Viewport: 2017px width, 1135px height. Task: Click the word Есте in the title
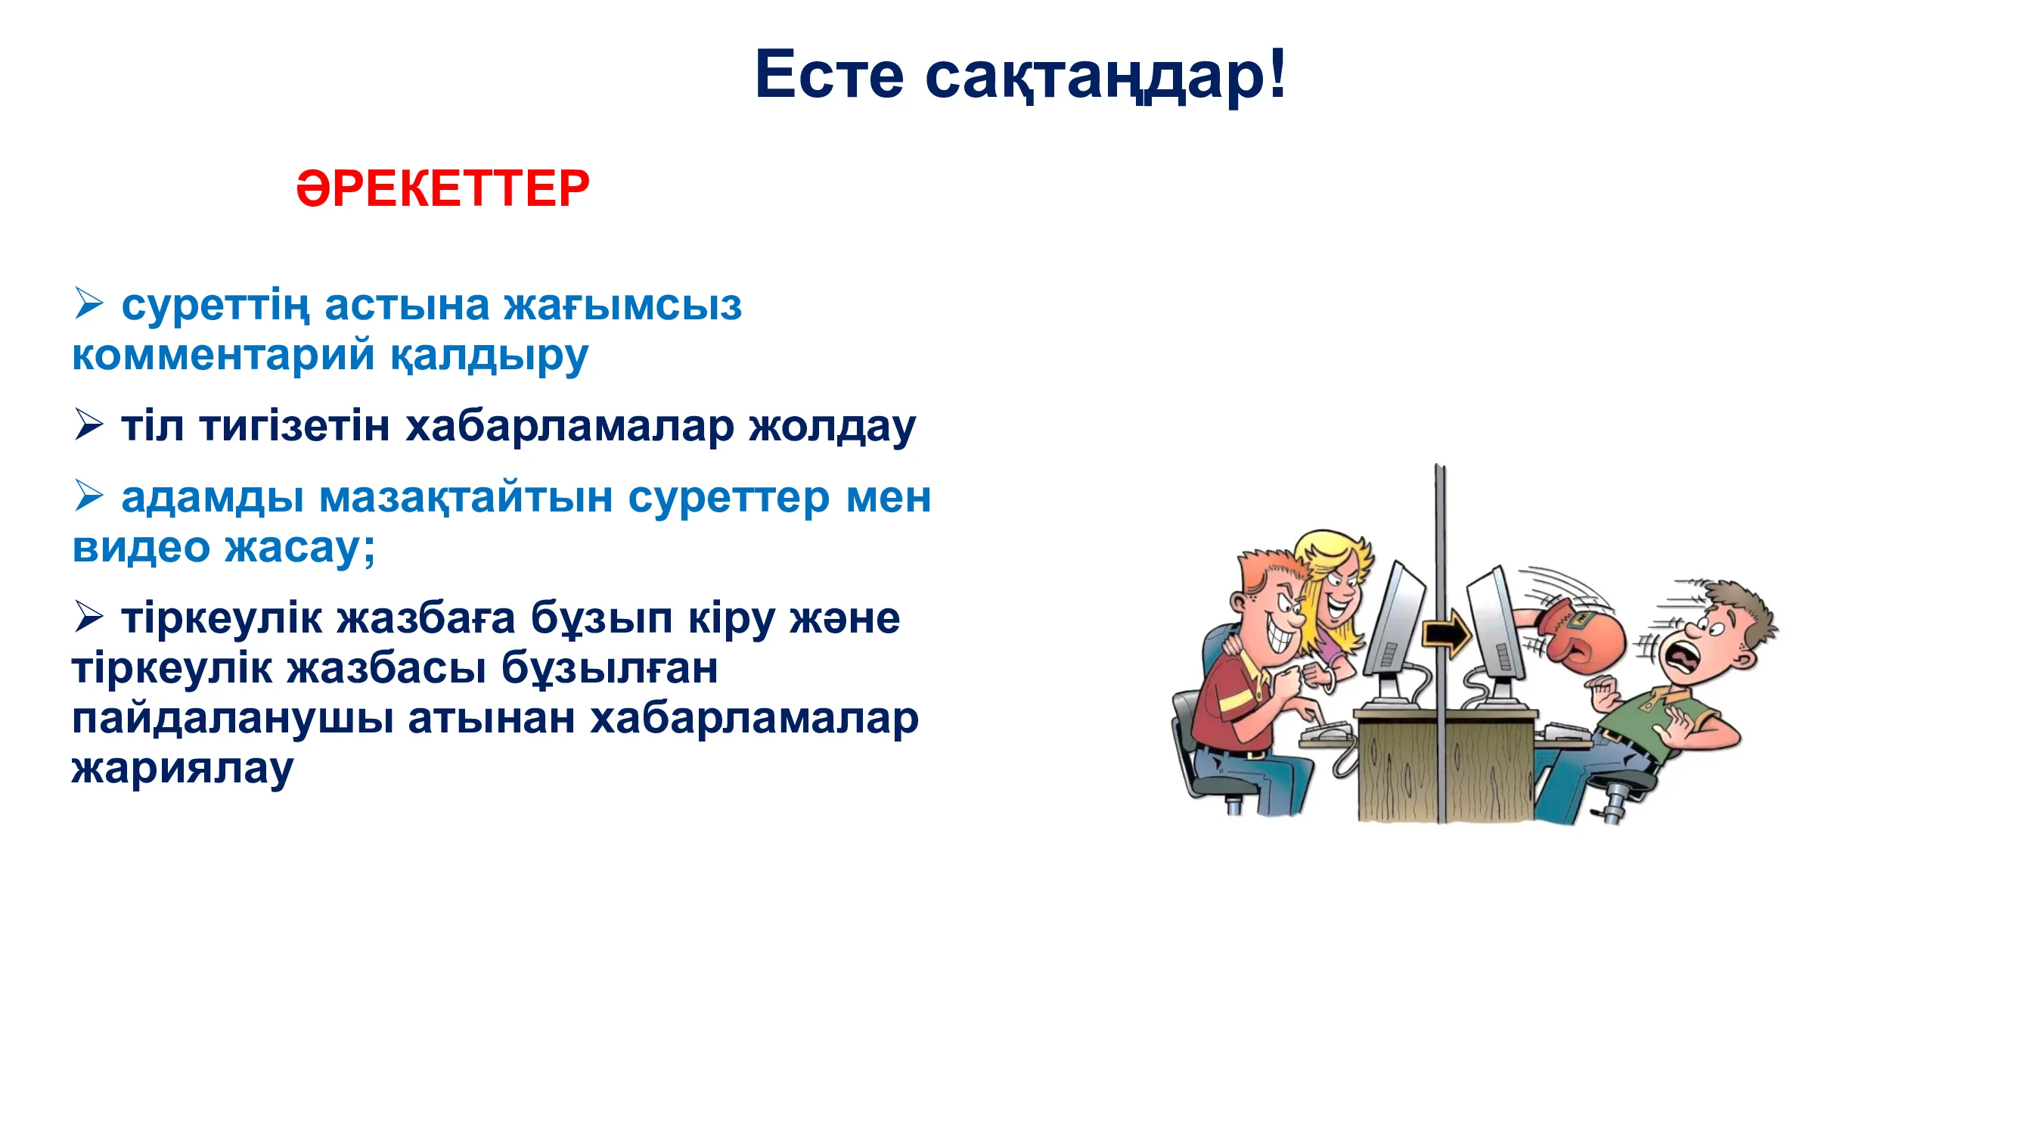(x=829, y=74)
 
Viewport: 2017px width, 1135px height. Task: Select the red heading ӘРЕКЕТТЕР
(x=442, y=188)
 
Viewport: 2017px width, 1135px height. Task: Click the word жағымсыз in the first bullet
(x=622, y=306)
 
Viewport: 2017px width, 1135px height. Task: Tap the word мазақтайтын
(x=465, y=497)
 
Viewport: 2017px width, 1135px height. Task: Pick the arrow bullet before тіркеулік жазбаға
(x=88, y=617)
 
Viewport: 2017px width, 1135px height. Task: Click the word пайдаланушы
(x=232, y=719)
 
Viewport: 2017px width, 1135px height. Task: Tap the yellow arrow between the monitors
(x=1446, y=632)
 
